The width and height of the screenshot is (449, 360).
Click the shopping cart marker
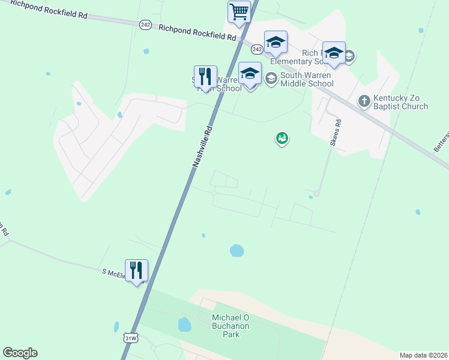pos(239,12)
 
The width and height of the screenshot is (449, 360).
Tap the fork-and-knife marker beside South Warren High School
pos(205,77)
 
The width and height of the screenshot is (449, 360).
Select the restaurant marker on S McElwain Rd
pos(137,271)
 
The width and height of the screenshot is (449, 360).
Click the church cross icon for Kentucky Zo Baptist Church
pos(364,101)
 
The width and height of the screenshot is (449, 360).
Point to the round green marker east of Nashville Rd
pos(282,139)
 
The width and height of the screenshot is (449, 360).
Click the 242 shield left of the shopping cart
pos(145,24)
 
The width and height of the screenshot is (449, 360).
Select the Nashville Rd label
pos(203,146)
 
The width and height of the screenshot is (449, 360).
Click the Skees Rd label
pos(336,133)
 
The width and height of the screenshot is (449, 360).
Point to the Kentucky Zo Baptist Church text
pos(400,102)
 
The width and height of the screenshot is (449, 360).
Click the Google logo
pos(20,353)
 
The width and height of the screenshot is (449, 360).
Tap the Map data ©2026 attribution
pos(423,355)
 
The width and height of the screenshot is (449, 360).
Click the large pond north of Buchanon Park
pos(237,250)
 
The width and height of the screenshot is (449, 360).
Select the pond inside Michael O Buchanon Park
pos(184,325)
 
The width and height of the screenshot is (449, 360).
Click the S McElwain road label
pos(113,273)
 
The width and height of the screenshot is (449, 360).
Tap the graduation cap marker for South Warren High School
pos(250,74)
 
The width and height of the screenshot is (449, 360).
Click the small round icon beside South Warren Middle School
pos(271,77)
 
